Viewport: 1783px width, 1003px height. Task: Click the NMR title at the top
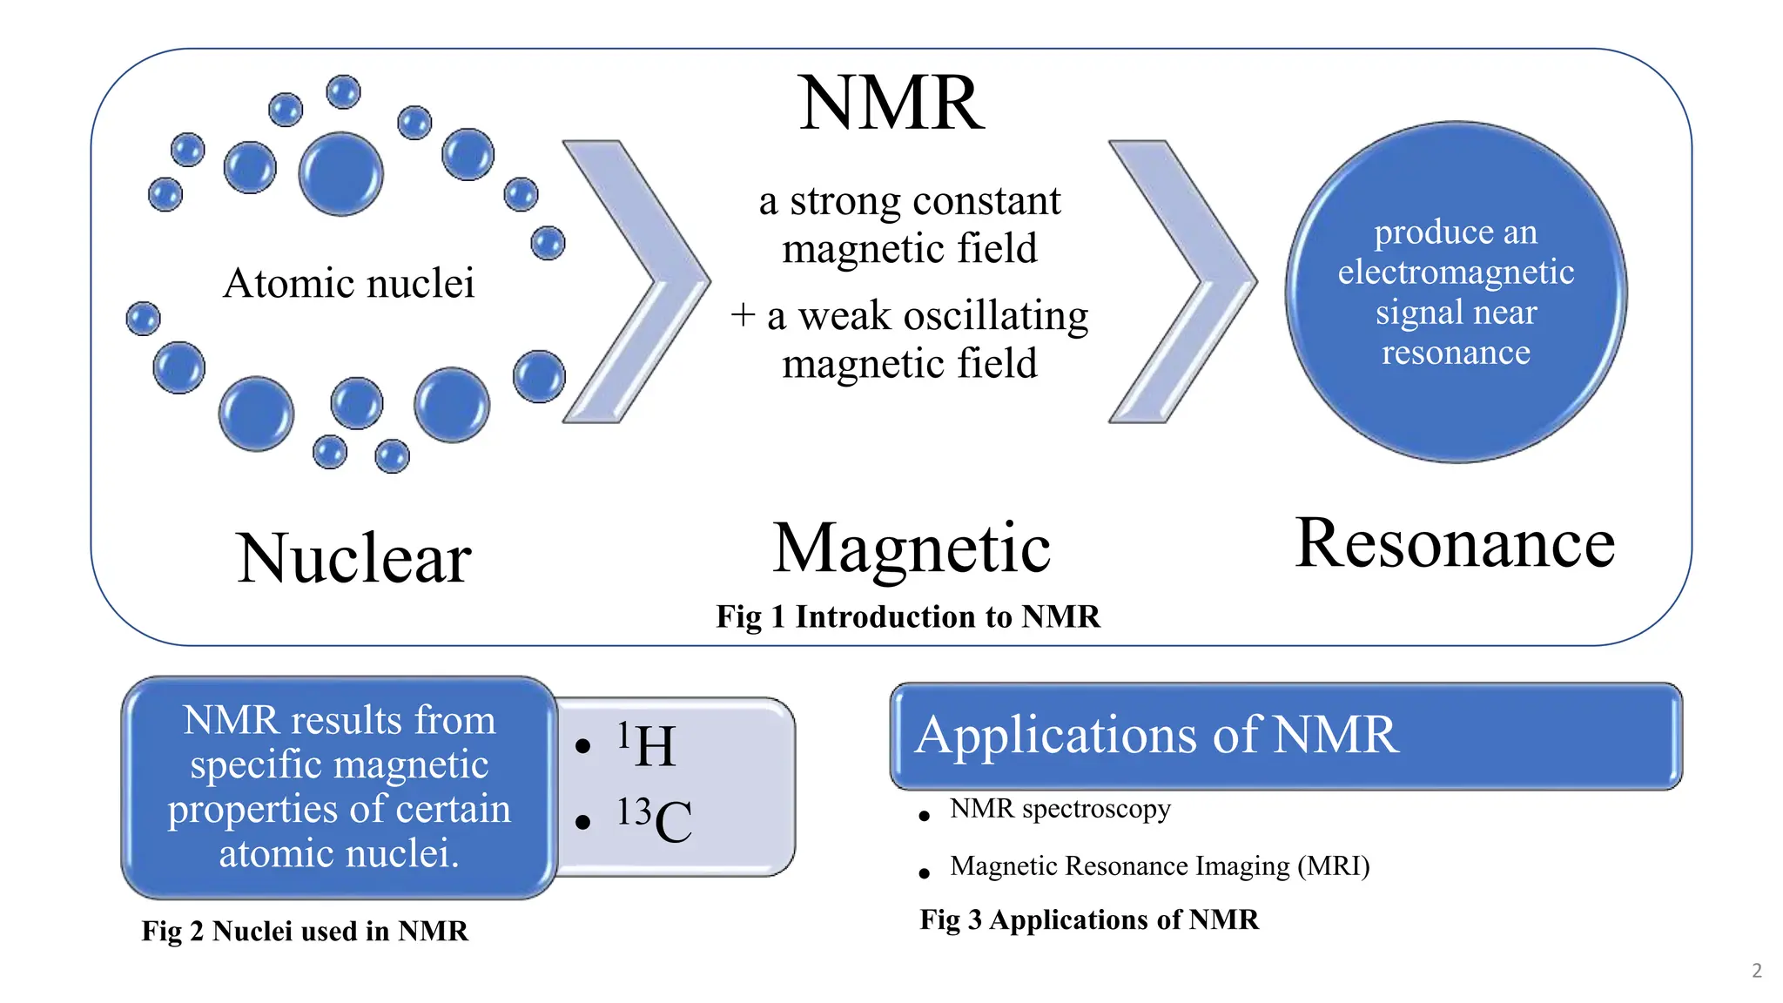891,104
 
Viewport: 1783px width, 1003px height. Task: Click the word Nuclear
353,558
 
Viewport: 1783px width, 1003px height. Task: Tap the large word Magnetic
912,549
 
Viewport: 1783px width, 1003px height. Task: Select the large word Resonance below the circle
1454,543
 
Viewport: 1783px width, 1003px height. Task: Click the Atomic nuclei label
348,283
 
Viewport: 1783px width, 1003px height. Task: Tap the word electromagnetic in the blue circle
1456,273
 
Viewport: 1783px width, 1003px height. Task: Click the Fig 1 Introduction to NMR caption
908,616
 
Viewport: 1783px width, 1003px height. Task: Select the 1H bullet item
647,745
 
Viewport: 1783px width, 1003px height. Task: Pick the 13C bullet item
655,820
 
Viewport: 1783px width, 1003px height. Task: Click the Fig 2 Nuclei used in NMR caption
305,931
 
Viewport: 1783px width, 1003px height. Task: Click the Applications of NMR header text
1157,734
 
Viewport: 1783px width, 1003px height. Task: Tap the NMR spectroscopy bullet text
1060,809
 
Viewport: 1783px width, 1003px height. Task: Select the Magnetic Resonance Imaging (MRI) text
1160,866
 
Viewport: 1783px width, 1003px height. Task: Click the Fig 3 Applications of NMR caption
1089,919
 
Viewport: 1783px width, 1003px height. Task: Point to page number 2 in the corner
1756,970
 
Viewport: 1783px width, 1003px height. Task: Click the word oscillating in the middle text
996,315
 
